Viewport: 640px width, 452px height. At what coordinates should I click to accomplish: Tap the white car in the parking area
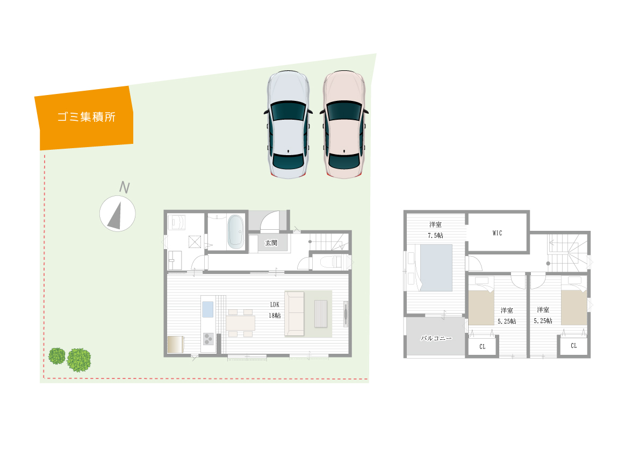288,125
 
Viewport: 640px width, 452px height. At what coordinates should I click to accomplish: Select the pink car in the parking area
344,125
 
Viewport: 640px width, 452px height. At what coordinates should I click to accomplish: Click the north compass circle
118,214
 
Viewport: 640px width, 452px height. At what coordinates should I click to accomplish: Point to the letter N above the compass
125,187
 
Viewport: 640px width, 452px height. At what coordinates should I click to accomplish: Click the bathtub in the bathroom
235,231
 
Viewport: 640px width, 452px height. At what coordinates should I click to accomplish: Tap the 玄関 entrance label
271,243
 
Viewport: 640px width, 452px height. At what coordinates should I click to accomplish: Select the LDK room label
275,304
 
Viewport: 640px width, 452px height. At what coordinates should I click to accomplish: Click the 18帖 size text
275,316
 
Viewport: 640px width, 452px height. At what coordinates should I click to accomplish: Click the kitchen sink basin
208,309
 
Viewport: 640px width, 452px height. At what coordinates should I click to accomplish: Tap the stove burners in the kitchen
208,339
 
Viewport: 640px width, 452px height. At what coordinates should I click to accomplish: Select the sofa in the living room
294,314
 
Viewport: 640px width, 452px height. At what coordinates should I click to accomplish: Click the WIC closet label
497,233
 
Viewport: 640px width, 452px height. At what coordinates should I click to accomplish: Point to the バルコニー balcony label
436,338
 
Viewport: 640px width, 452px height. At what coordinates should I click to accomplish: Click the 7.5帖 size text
435,236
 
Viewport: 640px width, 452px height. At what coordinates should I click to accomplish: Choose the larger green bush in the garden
79,360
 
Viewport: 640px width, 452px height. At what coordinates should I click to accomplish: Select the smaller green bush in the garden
57,356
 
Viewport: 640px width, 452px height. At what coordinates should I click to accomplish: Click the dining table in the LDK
240,323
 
